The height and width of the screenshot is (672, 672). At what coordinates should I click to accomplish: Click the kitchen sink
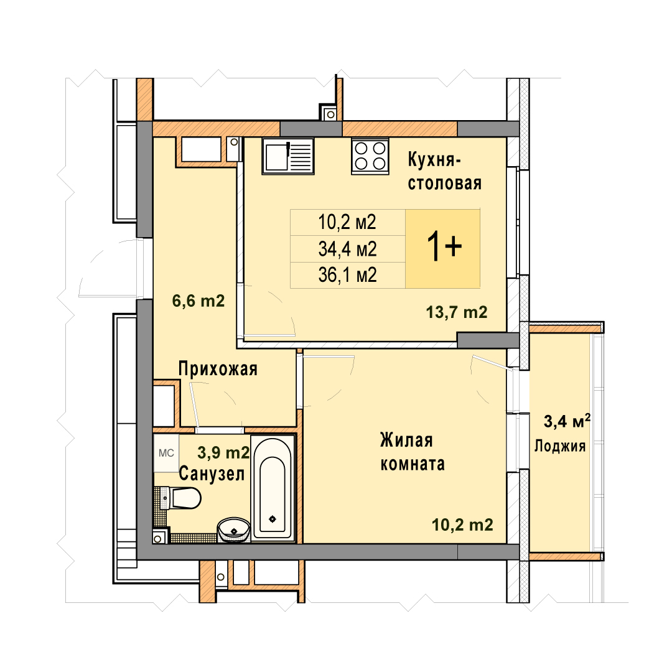[x=288, y=156]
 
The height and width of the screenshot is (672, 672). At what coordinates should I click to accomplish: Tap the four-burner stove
[x=370, y=156]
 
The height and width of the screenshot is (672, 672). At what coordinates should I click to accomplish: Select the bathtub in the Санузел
[x=273, y=488]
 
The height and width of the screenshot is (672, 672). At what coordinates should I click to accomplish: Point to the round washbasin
[x=233, y=530]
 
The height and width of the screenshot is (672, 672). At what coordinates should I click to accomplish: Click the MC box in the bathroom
[x=166, y=453]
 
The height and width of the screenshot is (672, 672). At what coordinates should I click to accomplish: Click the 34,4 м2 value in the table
[x=348, y=249]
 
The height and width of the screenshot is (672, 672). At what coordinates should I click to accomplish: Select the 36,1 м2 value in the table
[x=348, y=275]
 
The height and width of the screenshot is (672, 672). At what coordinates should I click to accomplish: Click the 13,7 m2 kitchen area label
[x=457, y=312]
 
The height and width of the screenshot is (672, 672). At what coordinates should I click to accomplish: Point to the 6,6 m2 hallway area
[x=198, y=301]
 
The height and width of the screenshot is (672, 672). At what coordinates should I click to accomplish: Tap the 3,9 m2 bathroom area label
[x=223, y=452]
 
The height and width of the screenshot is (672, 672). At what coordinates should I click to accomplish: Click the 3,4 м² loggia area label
[x=567, y=421]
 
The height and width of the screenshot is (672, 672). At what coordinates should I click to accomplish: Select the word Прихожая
[x=218, y=369]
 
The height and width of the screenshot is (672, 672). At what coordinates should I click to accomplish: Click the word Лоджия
[x=560, y=447]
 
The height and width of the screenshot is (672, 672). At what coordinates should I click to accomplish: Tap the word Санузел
[x=212, y=474]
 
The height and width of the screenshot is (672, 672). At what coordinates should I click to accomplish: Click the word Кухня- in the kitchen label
[x=434, y=160]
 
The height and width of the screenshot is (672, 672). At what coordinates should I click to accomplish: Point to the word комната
[x=413, y=464]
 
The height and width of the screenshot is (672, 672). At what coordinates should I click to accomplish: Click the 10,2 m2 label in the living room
[x=462, y=525]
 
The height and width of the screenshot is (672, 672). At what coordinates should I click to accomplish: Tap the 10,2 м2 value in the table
[x=347, y=222]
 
